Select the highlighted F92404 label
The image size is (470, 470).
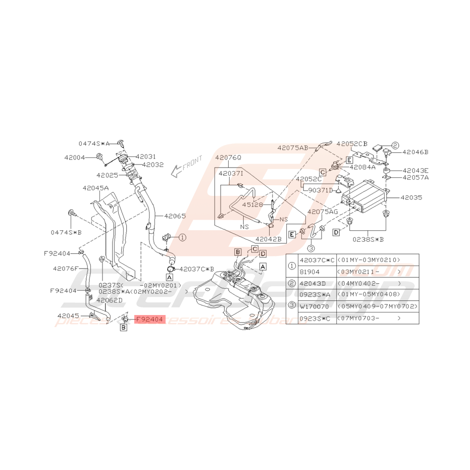(150, 320)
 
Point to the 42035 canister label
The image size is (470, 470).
(411, 198)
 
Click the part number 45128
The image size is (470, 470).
(252, 204)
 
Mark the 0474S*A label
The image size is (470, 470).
(94, 143)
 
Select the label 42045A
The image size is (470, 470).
(95, 188)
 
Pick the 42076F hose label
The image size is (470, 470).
(66, 269)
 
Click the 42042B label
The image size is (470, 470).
(268, 239)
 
